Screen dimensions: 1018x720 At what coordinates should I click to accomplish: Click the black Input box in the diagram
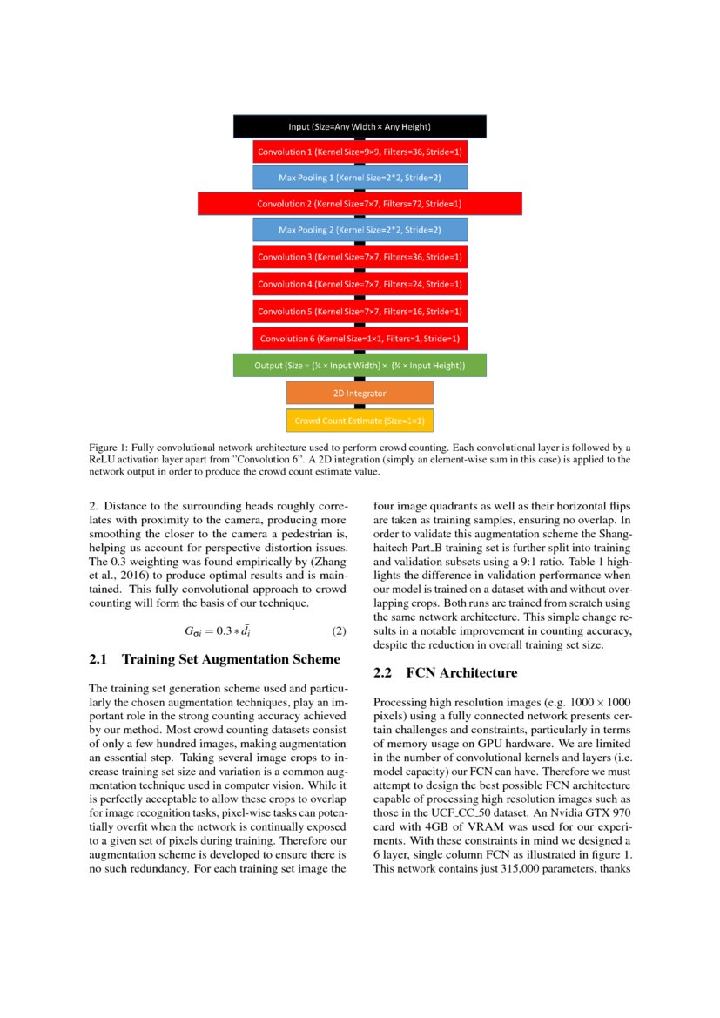tap(360, 126)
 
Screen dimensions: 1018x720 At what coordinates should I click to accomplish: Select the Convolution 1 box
tap(360, 152)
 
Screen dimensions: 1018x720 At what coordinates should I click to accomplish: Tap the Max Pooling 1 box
tap(360, 178)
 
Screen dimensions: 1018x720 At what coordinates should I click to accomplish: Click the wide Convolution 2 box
tap(360, 204)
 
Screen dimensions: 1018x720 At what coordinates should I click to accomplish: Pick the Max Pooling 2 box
tap(360, 230)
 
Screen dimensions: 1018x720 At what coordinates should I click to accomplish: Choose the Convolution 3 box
tap(360, 257)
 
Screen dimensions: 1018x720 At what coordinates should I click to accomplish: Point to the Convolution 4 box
tap(360, 284)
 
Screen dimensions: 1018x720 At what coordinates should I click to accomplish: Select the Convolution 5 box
tap(360, 311)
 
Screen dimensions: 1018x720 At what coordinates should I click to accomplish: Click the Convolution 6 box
tap(360, 338)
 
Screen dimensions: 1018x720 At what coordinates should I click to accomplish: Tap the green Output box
tap(360, 366)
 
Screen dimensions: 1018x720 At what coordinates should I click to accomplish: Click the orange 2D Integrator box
tap(360, 393)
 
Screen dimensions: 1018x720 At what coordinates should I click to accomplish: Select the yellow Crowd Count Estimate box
tap(360, 421)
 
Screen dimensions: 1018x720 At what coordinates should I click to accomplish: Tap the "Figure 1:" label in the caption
tap(111, 446)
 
